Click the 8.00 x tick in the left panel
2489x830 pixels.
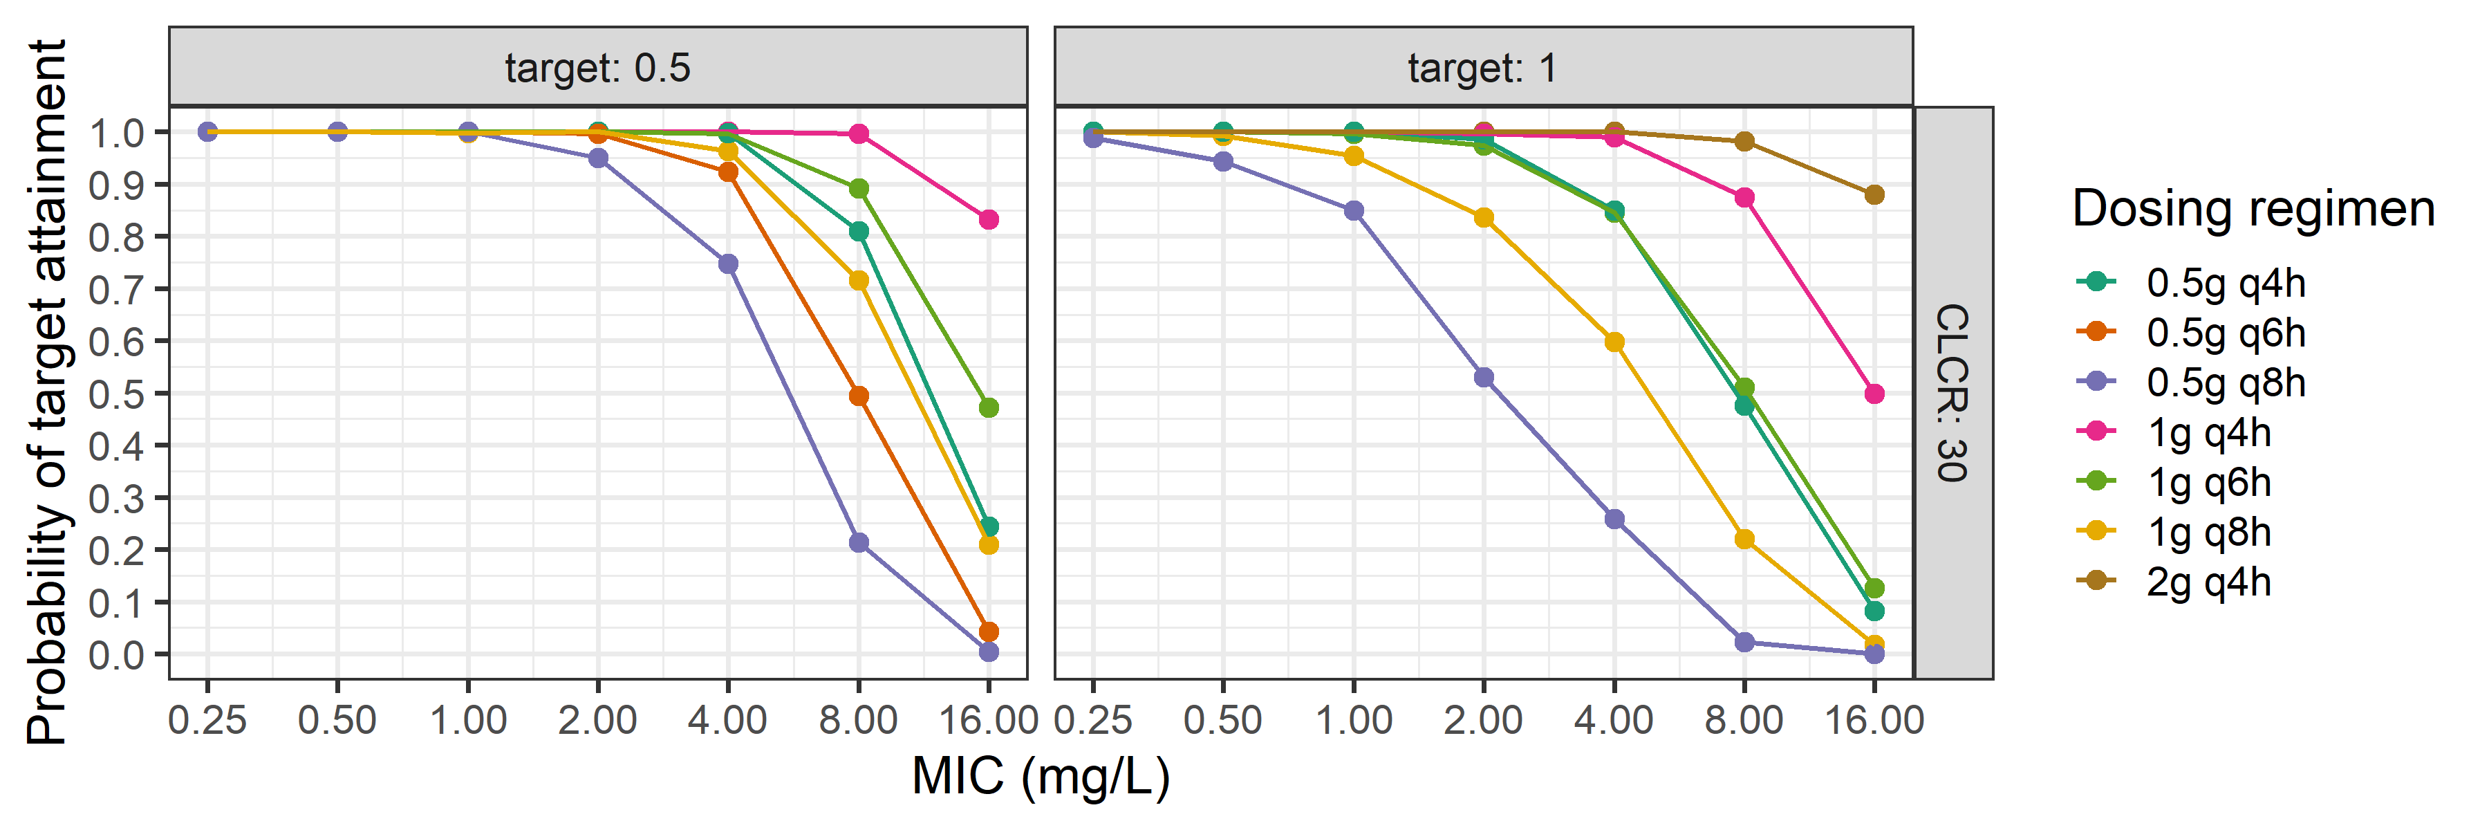858,720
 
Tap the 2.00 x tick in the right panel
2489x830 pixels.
1483,720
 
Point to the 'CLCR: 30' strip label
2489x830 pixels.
1952,392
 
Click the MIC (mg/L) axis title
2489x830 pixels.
1041,776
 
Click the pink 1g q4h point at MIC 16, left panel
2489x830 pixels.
989,219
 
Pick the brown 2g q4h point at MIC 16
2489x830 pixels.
1874,195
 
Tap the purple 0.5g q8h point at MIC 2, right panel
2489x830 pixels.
1483,378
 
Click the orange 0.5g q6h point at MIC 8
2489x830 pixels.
858,396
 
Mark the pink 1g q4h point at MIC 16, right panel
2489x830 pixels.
1874,394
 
